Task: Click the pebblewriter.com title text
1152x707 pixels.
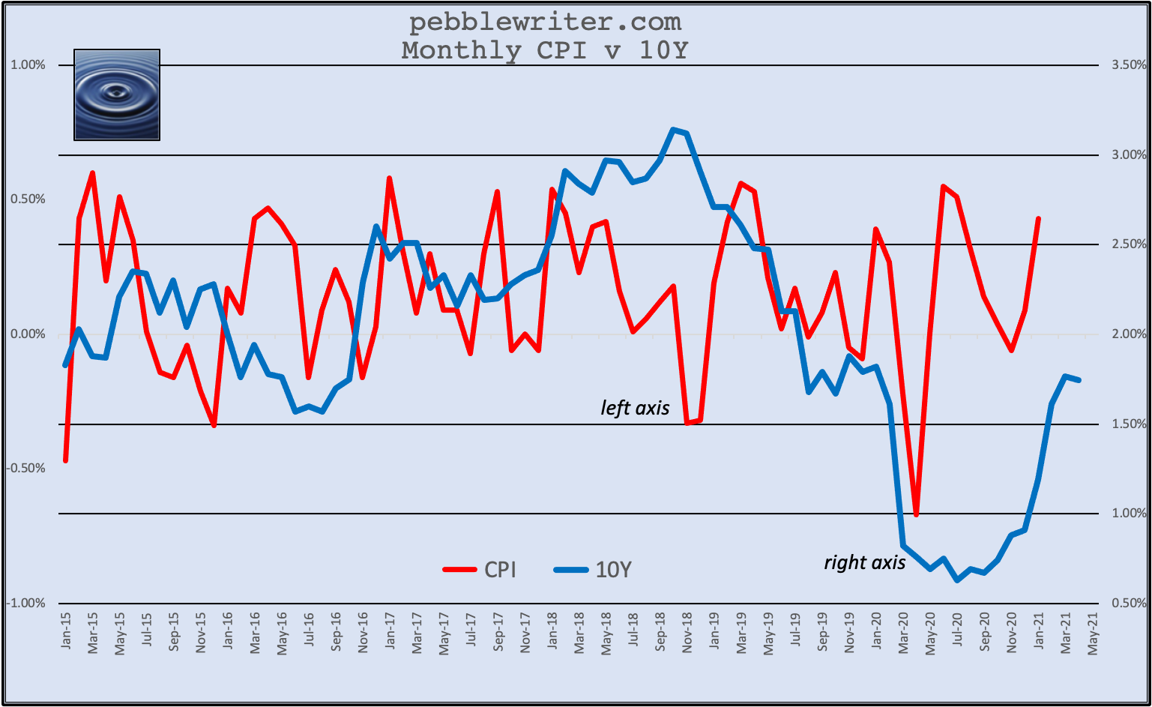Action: tap(545, 22)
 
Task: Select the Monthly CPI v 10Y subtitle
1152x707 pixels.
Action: tap(545, 50)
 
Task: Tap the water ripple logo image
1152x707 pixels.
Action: tap(117, 94)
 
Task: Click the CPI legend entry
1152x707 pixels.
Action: tap(480, 570)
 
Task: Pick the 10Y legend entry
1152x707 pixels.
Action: tap(593, 570)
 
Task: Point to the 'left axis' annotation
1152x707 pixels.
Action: tap(635, 408)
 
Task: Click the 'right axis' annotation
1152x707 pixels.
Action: tap(864, 562)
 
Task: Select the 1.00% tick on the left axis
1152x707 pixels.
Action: tap(28, 65)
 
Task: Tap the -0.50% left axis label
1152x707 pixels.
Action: tap(26, 469)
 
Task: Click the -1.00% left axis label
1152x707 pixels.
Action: tap(26, 604)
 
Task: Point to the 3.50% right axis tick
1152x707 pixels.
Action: tap(1130, 65)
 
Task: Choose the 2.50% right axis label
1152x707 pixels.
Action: tap(1130, 244)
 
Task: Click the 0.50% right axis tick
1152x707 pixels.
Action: tap(1130, 604)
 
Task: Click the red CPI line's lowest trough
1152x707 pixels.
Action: tap(916, 515)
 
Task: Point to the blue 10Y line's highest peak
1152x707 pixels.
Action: tap(673, 130)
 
